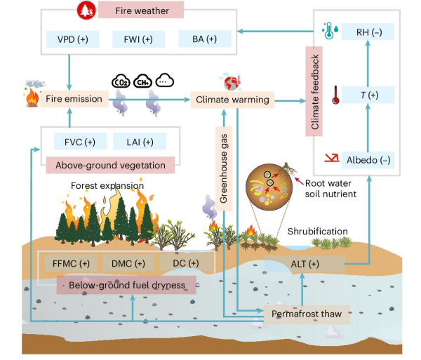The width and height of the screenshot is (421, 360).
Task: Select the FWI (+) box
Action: (x=138, y=40)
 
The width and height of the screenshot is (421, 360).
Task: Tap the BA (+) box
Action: (x=201, y=40)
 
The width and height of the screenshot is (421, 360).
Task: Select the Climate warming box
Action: (x=232, y=100)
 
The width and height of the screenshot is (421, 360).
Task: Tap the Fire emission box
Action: (x=74, y=100)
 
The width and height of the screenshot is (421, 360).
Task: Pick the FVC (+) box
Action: (x=79, y=142)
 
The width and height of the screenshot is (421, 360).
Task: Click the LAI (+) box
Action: (x=138, y=142)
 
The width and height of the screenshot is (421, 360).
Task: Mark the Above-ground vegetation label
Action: (x=110, y=166)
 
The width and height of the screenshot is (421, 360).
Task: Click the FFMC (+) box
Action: (x=70, y=263)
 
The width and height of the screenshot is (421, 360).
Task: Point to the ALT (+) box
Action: (x=305, y=264)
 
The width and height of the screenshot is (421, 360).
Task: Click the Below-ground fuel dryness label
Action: (x=127, y=286)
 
